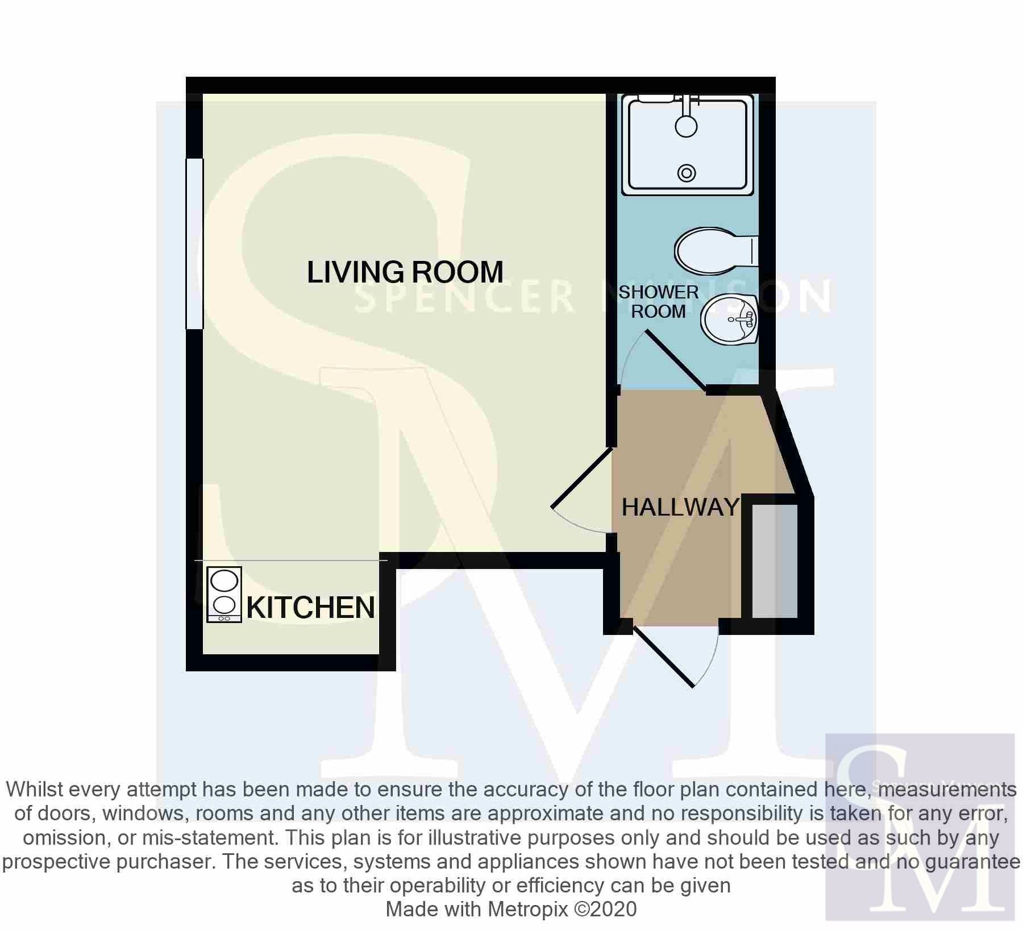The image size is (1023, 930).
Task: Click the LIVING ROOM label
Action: point(405,272)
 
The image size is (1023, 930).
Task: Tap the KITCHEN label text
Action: point(310,608)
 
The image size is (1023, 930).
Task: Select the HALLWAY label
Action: point(680,507)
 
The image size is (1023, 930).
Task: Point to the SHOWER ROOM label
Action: point(659,302)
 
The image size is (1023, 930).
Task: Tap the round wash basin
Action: point(730,321)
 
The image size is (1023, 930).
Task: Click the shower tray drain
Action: point(687,172)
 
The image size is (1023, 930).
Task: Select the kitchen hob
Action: point(224,595)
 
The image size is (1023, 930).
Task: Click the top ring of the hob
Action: point(224,582)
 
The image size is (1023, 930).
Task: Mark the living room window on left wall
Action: point(194,243)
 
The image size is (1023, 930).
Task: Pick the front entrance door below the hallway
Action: point(663,656)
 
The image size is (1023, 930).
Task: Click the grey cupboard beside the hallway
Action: point(775,561)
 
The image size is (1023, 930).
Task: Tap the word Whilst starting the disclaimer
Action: point(38,790)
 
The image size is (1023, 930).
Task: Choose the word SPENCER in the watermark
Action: point(464,297)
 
